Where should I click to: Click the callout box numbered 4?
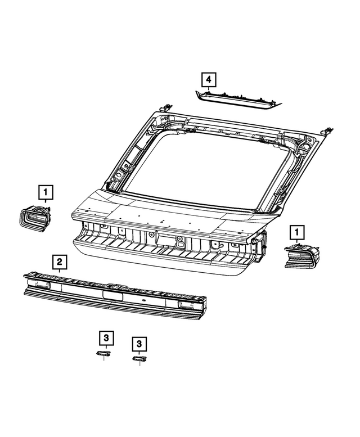click(208, 80)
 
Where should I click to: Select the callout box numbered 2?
click(58, 262)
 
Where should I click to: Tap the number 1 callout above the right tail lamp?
click(296, 231)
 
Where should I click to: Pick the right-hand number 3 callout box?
click(138, 343)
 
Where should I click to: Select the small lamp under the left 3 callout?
click(103, 353)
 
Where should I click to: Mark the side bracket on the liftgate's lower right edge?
click(260, 247)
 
